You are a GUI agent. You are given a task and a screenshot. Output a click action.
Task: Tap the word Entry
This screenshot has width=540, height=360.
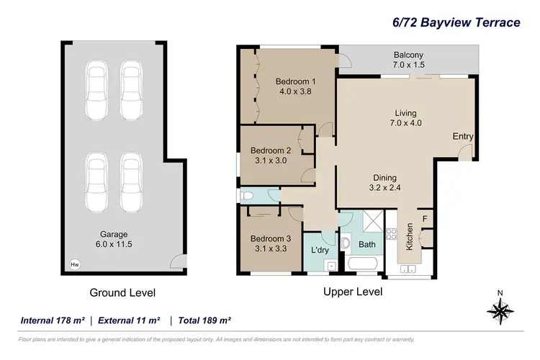tap(462, 136)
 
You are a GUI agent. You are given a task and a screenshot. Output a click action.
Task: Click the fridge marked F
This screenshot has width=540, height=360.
tap(425, 219)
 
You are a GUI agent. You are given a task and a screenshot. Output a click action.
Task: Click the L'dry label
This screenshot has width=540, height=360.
tap(319, 249)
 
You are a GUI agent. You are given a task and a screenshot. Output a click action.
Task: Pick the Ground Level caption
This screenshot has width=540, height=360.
tap(122, 293)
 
